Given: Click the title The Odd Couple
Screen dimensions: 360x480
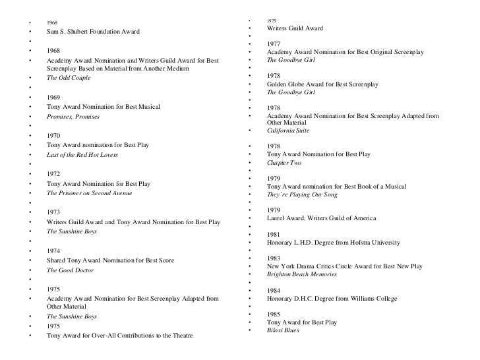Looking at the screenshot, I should pyautogui.click(x=69, y=78).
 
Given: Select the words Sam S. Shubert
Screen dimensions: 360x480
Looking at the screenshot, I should pyautogui.click(x=71, y=32).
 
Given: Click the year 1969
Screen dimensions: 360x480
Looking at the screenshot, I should pyautogui.click(x=55, y=98).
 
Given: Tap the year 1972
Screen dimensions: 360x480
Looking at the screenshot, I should pyautogui.click(x=55, y=174).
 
